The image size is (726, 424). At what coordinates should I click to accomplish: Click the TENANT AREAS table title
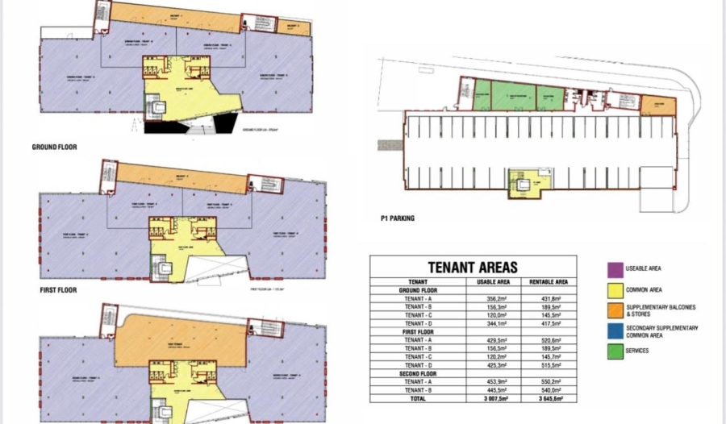pyautogui.click(x=473, y=267)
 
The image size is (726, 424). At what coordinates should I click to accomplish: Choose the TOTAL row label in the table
pyautogui.click(x=417, y=397)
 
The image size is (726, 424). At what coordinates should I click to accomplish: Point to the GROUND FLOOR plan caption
pyautogui.click(x=54, y=148)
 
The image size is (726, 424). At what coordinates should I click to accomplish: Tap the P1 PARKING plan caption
pyautogui.click(x=398, y=218)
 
